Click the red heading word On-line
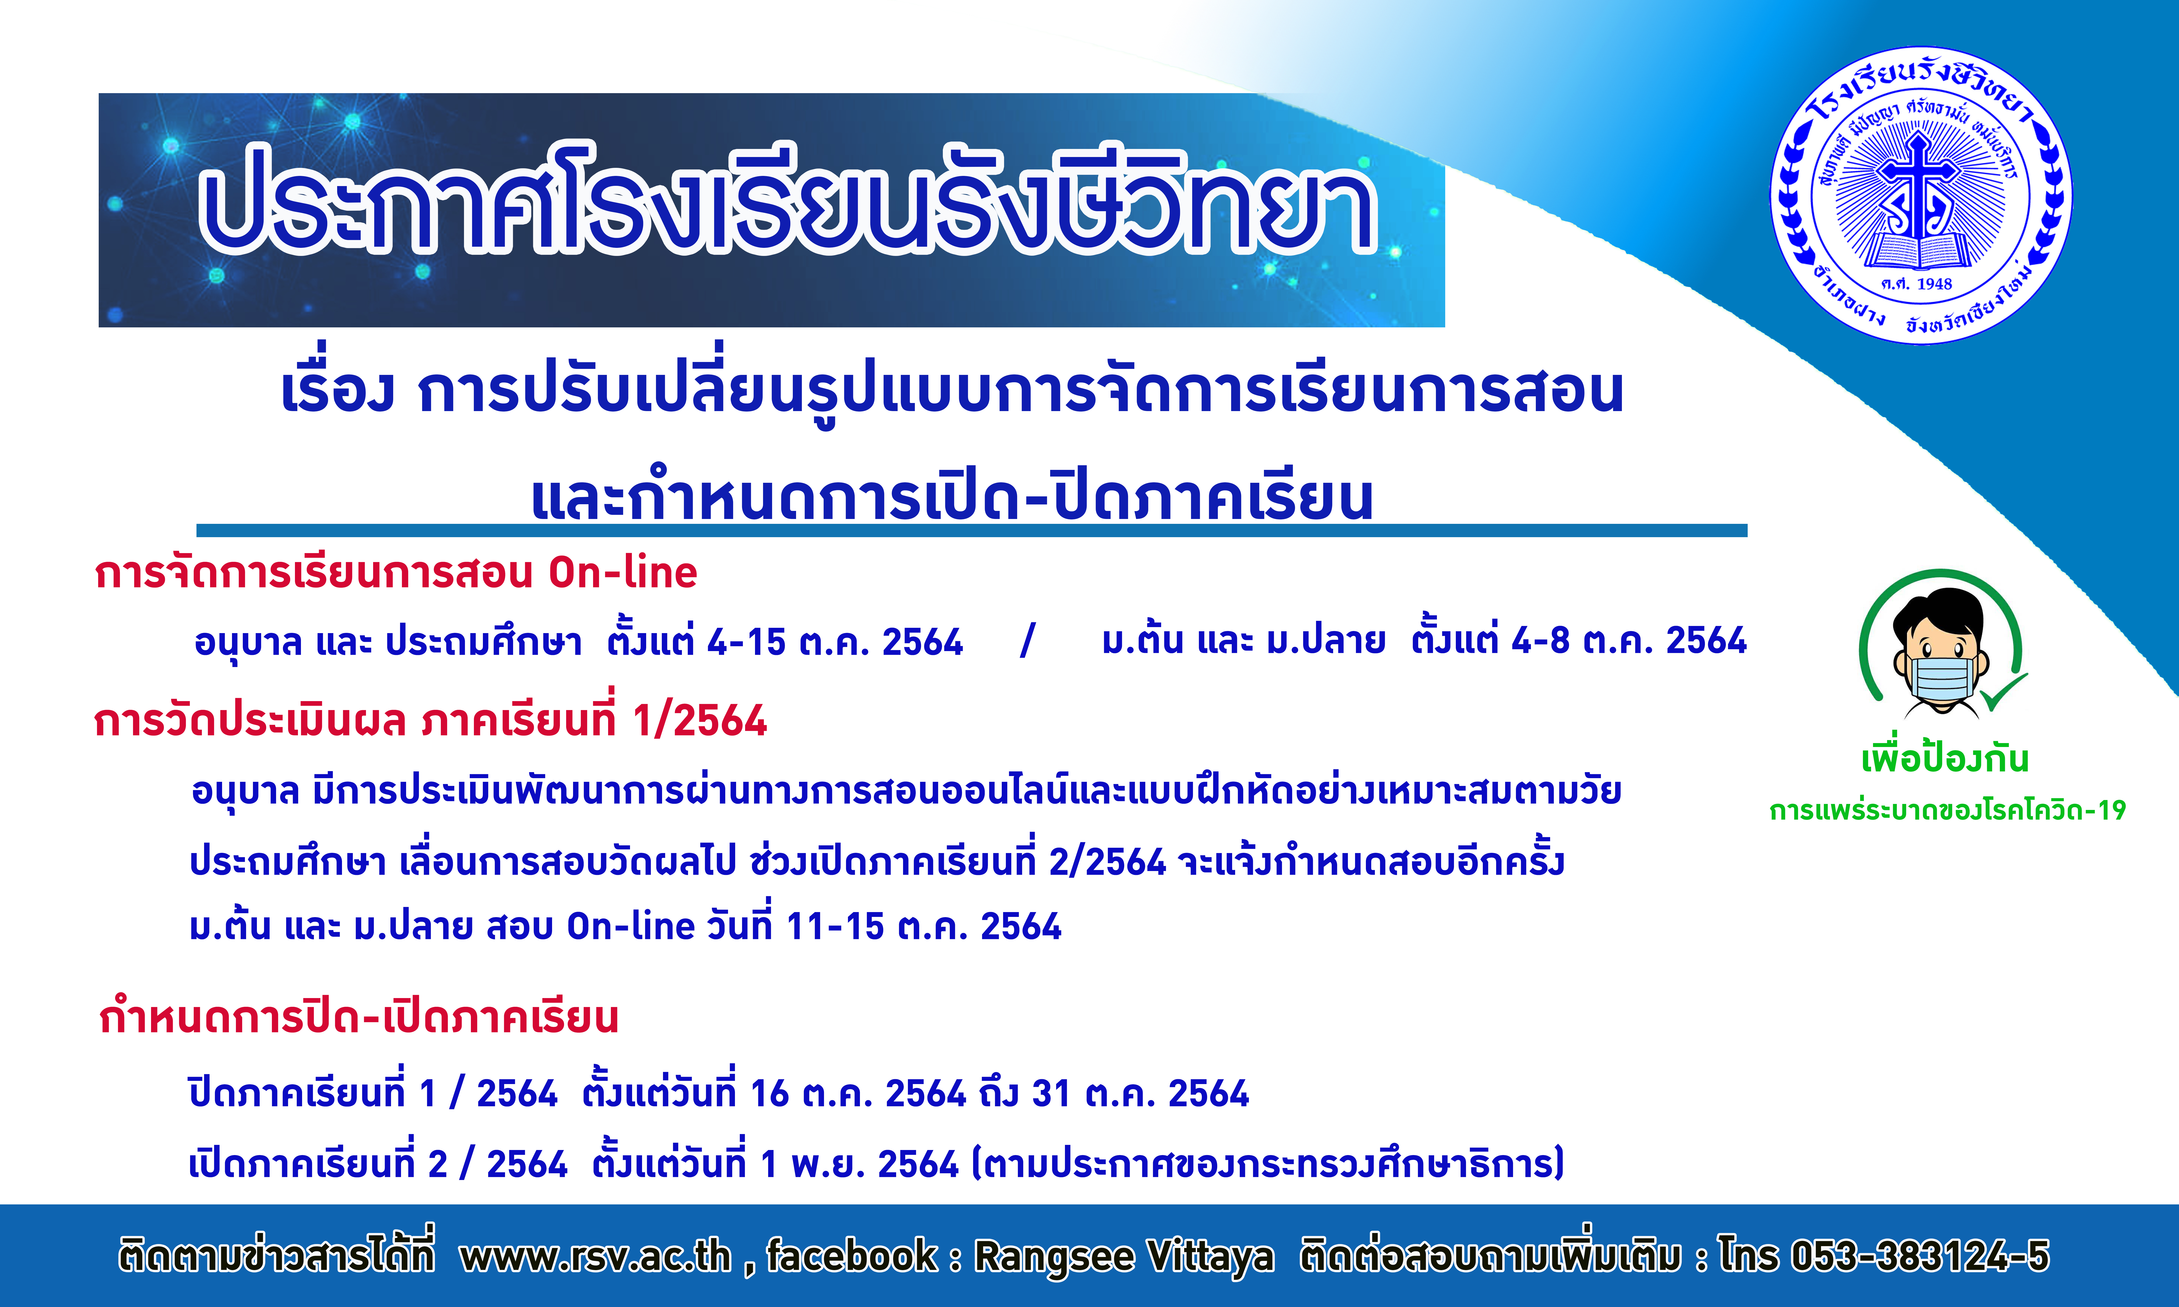623,572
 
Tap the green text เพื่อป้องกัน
1945,757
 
